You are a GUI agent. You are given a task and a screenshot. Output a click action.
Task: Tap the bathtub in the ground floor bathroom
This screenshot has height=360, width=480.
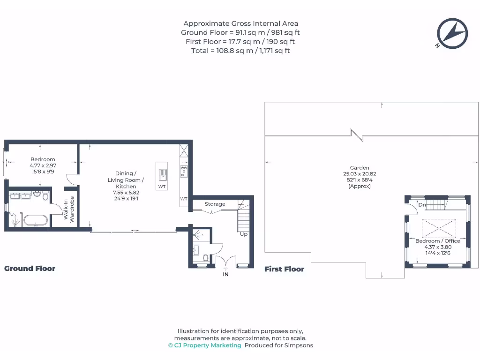pyautogui.click(x=35, y=220)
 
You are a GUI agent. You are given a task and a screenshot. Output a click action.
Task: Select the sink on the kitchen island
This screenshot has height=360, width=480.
pyautogui.click(x=162, y=174)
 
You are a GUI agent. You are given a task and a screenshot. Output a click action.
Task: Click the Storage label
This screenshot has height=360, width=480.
pyautogui.click(x=215, y=204)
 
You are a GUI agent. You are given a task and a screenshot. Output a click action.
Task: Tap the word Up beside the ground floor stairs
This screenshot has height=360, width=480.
pyautogui.click(x=244, y=234)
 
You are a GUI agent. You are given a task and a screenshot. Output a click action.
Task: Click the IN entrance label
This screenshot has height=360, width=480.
pyautogui.click(x=225, y=274)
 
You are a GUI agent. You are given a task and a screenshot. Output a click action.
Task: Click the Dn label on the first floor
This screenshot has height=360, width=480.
pyautogui.click(x=422, y=205)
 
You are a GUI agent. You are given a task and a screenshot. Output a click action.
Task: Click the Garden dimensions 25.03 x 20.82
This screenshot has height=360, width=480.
pyautogui.click(x=360, y=174)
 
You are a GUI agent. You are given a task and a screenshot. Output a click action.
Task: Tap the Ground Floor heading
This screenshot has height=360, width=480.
pyautogui.click(x=30, y=269)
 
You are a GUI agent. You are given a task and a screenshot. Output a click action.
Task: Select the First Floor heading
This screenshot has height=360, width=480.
pyautogui.click(x=284, y=269)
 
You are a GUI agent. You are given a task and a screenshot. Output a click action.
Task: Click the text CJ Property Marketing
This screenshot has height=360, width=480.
pyautogui.click(x=205, y=345)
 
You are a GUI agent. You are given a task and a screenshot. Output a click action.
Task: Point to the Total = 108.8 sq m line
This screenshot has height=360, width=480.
pyautogui.click(x=240, y=51)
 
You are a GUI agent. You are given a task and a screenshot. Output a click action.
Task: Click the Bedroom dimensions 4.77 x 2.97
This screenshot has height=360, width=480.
pyautogui.click(x=43, y=165)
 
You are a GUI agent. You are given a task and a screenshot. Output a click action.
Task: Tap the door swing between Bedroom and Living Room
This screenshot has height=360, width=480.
pyautogui.click(x=71, y=179)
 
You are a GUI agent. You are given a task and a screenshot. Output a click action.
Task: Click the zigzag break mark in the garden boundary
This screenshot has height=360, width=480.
pyautogui.click(x=358, y=135)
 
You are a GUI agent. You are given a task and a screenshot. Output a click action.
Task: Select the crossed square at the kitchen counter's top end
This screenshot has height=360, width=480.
pyautogui.click(x=184, y=150)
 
